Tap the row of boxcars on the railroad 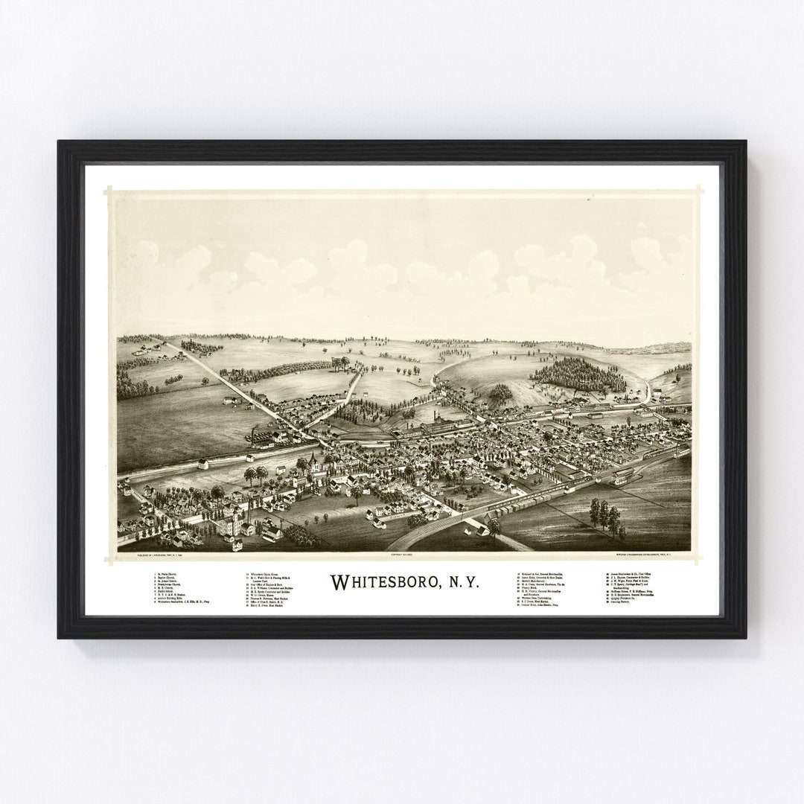coord(514,504)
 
